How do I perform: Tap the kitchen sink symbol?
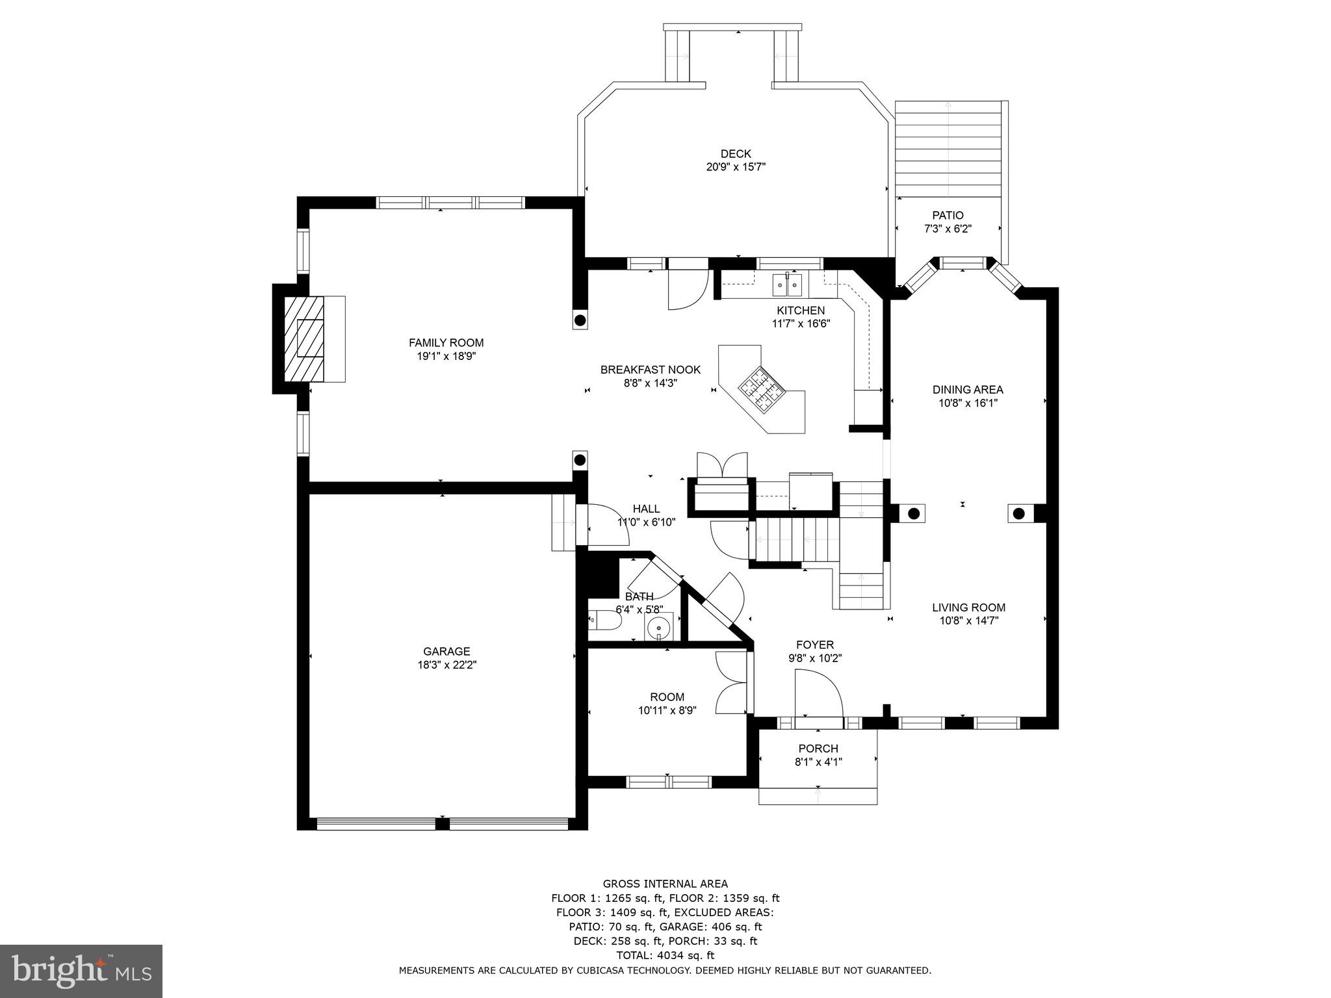(786, 285)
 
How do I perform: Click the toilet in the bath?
(605, 620)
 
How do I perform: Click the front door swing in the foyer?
(819, 694)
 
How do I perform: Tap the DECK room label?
(736, 154)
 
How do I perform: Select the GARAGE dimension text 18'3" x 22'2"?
(446, 665)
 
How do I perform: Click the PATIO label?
(948, 215)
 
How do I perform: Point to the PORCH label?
(818, 748)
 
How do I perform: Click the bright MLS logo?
(81, 971)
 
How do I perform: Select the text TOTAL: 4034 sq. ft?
(665, 955)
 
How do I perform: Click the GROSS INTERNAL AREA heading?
(665, 884)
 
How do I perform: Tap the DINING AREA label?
(967, 390)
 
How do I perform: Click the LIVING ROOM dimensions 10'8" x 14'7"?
(968, 621)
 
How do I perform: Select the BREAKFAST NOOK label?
(650, 370)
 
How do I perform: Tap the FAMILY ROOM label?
(446, 343)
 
